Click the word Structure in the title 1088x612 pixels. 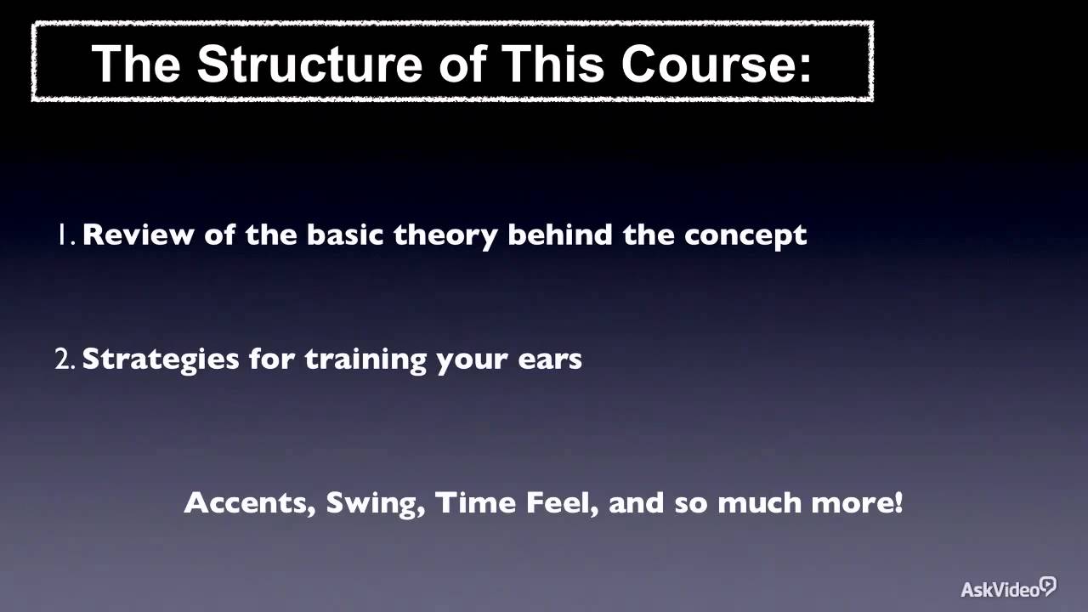(x=306, y=64)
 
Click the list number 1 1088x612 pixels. (x=65, y=235)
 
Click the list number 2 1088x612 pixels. (x=65, y=360)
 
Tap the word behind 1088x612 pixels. (x=561, y=235)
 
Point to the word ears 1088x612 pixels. (x=549, y=360)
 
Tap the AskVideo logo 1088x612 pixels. (x=1008, y=588)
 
